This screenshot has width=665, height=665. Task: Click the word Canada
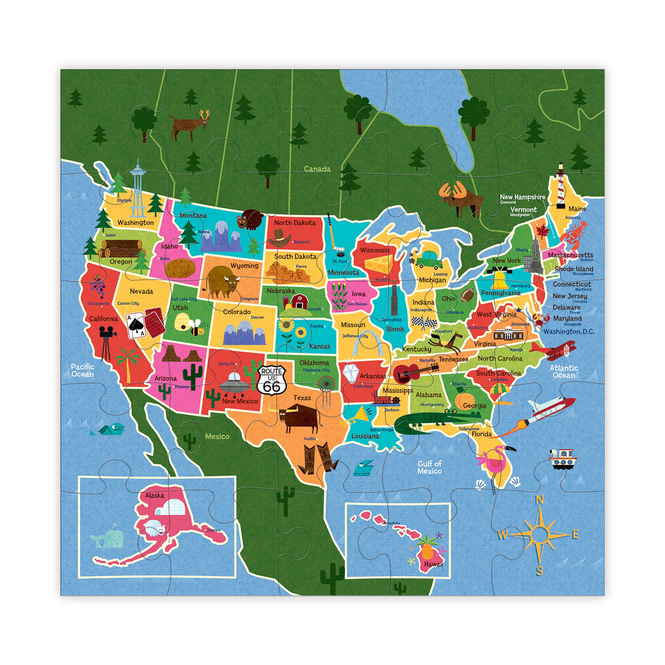[317, 169]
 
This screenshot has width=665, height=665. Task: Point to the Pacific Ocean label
[82, 370]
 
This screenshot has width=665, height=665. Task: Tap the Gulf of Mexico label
[430, 467]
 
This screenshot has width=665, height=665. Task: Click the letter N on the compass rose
[540, 500]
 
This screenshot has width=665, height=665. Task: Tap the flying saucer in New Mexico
[234, 385]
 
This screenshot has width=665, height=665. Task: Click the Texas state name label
[302, 398]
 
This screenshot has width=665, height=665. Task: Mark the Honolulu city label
[392, 523]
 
